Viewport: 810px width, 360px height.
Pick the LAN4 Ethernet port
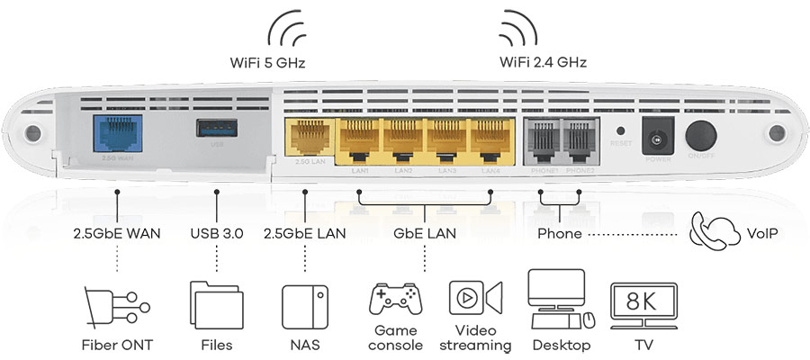click(x=490, y=139)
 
